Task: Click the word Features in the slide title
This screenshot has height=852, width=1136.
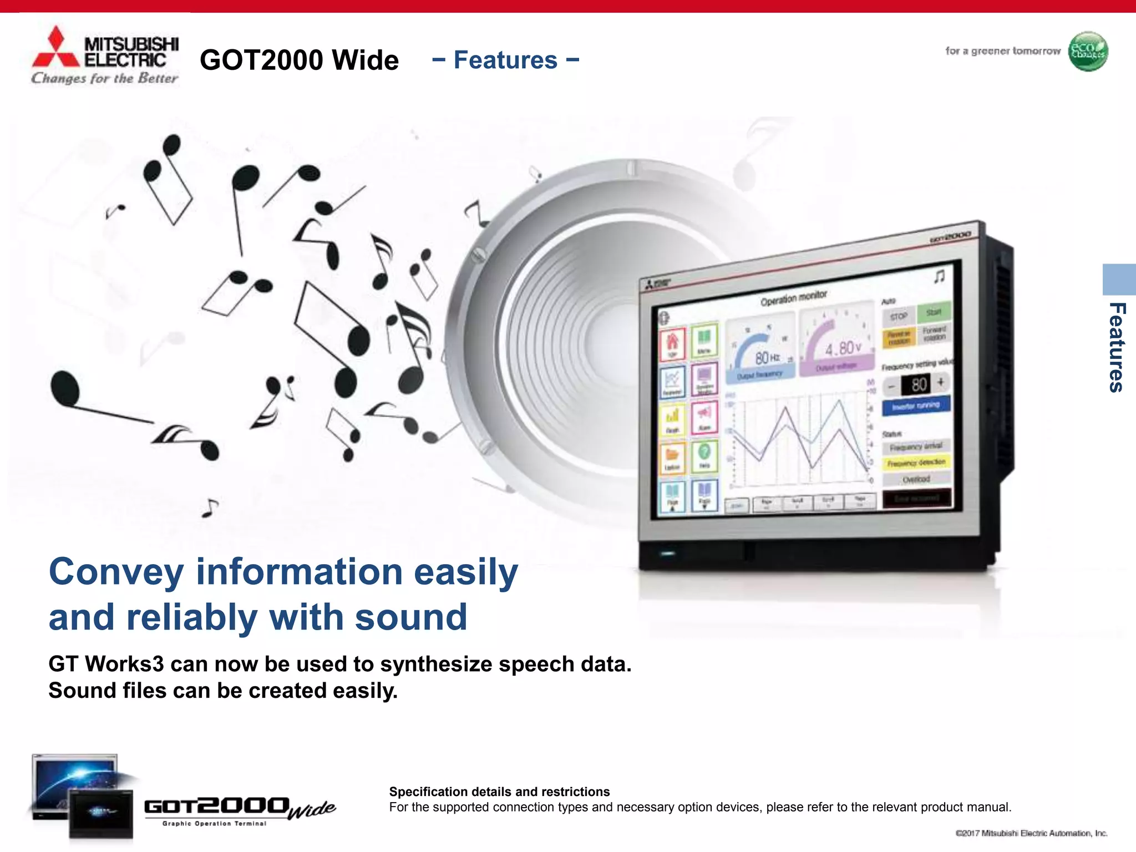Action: (505, 60)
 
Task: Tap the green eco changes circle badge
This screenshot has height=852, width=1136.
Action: (1088, 52)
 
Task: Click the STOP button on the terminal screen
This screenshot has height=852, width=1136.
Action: (899, 317)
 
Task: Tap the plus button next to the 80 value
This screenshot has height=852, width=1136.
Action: (941, 382)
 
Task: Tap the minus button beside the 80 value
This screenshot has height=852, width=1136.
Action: (891, 386)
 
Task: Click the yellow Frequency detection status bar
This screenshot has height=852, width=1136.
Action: (916, 463)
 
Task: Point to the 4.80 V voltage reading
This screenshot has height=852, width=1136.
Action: (843, 348)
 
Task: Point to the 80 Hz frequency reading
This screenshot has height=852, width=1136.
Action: (767, 358)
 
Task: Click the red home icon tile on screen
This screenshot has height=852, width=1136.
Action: (672, 343)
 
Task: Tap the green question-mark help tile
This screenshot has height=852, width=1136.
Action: (704, 455)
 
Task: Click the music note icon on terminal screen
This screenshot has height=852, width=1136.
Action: (939, 276)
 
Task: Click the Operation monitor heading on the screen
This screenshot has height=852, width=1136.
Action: (793, 298)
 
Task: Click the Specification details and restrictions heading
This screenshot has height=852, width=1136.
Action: (499, 792)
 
